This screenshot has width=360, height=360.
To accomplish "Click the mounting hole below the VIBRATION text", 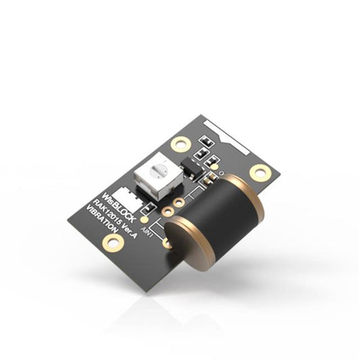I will [113, 242].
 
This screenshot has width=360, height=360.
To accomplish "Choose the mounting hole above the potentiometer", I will [181, 143].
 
